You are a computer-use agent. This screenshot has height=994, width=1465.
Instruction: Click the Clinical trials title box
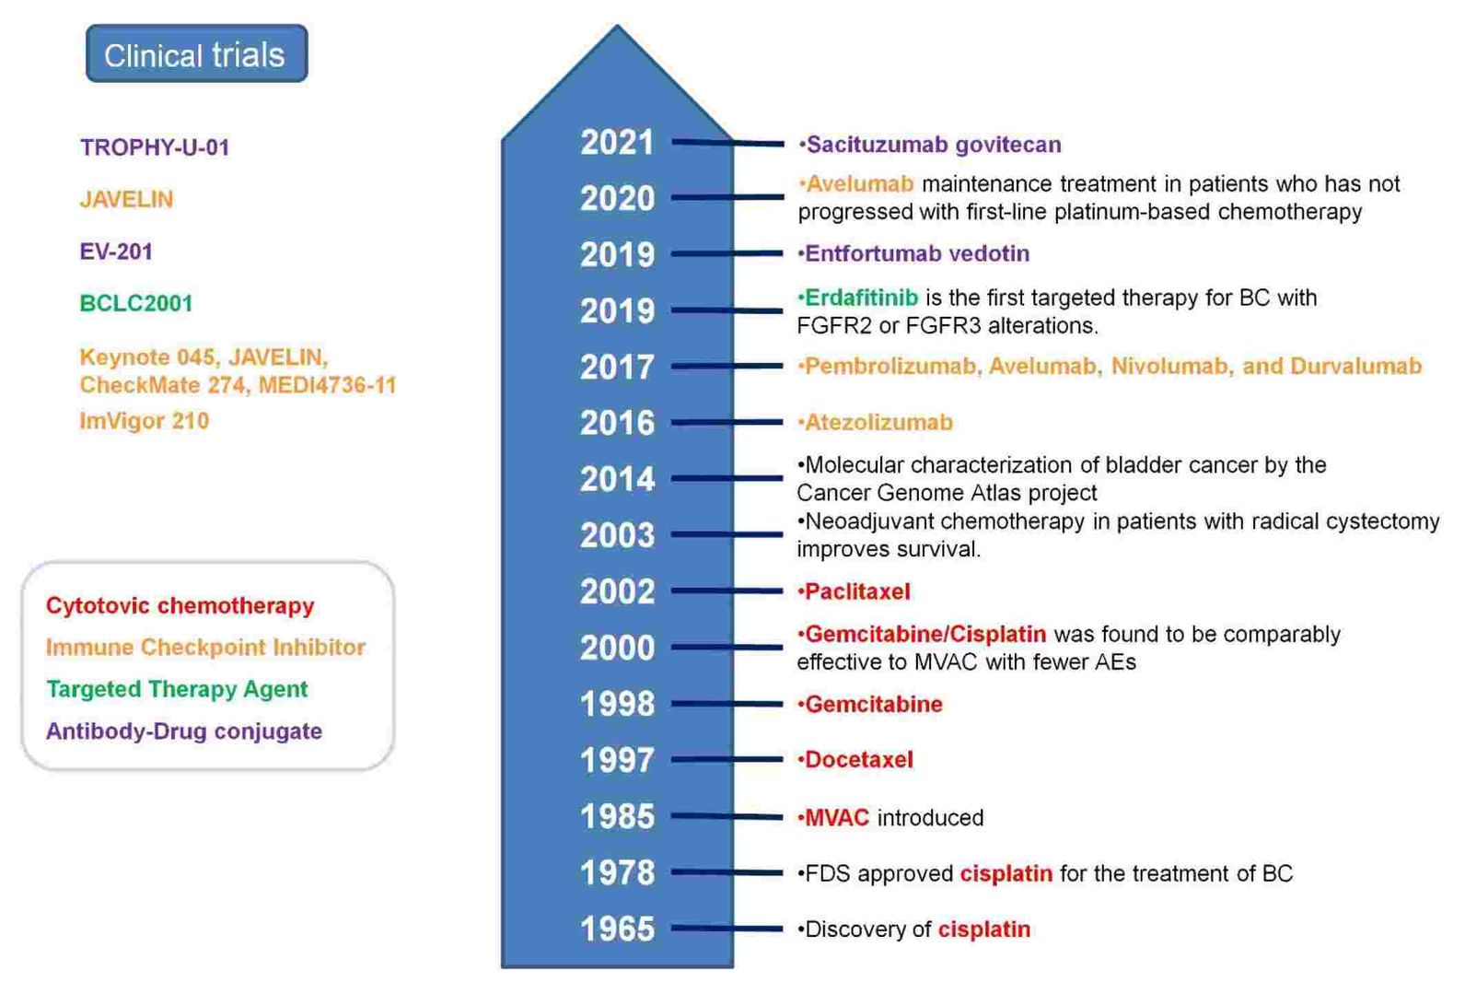pyautogui.click(x=196, y=54)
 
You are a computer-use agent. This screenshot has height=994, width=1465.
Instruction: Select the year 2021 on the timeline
pyautogui.click(x=617, y=143)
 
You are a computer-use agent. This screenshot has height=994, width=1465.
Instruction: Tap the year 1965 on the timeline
pyautogui.click(x=617, y=929)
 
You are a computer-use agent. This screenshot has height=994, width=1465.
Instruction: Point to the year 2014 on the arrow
pyautogui.click(x=617, y=479)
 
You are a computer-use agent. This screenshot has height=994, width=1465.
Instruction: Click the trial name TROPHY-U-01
pyautogui.click(x=155, y=147)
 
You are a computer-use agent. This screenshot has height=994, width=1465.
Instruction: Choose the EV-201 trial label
pyautogui.click(x=116, y=251)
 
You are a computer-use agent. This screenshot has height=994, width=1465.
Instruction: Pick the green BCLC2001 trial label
pyautogui.click(x=136, y=304)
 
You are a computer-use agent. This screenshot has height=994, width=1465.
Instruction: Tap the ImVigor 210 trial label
pyautogui.click(x=145, y=421)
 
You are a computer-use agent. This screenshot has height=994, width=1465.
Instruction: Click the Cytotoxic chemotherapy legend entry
pyautogui.click(x=180, y=606)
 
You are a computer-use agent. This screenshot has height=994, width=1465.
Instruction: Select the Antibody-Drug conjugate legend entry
pyautogui.click(x=184, y=731)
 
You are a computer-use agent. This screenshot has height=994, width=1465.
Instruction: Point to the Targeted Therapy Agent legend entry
pyautogui.click(x=178, y=689)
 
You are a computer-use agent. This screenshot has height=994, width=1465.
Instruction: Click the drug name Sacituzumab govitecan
pyautogui.click(x=933, y=145)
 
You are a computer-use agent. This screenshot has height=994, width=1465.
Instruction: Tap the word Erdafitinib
pyautogui.click(x=861, y=298)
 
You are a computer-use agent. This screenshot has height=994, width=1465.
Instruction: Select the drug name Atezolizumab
pyautogui.click(x=878, y=423)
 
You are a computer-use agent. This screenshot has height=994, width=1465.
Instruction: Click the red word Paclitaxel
pyautogui.click(x=857, y=591)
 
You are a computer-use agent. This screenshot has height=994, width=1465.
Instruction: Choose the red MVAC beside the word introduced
pyautogui.click(x=836, y=818)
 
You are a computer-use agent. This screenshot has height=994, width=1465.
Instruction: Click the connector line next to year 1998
pyautogui.click(x=727, y=705)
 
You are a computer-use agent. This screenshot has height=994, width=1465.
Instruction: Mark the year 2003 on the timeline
pyautogui.click(x=617, y=535)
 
